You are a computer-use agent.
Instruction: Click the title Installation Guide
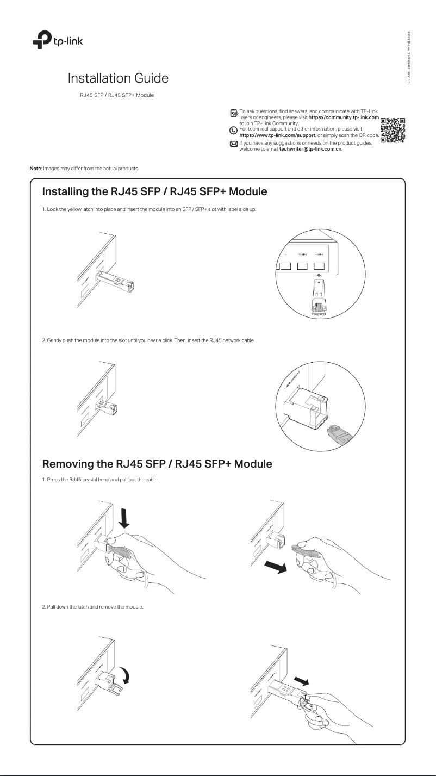coord(117,78)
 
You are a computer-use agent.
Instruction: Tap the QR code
coord(393,131)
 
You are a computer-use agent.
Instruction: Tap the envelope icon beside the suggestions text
coord(234,144)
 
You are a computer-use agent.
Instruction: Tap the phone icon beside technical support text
coord(234,130)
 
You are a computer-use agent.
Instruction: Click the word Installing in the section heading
coord(69,192)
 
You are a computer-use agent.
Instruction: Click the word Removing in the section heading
coord(71,464)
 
